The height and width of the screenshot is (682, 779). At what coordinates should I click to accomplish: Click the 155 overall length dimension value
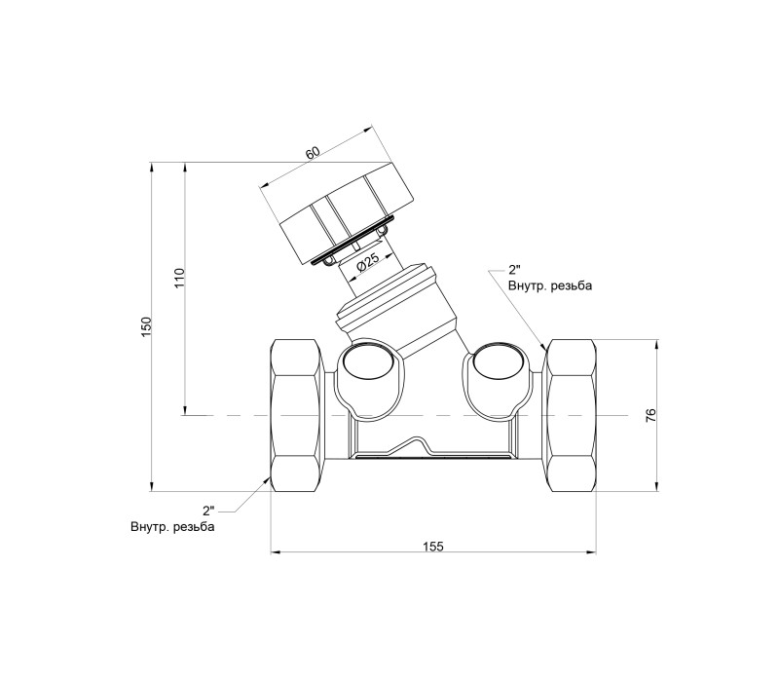click(x=432, y=547)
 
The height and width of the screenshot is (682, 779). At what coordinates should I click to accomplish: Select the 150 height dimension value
click(x=145, y=327)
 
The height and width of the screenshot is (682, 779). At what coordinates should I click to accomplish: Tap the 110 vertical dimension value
click(x=179, y=278)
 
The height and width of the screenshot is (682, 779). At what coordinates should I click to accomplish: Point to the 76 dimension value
click(x=650, y=415)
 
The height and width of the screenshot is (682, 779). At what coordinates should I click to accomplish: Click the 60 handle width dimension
click(x=312, y=153)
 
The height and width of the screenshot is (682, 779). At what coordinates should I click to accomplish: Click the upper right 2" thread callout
click(x=514, y=271)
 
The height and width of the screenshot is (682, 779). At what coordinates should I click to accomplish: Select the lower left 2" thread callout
click(x=208, y=511)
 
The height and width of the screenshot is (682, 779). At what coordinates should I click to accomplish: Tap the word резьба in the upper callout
click(x=572, y=285)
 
